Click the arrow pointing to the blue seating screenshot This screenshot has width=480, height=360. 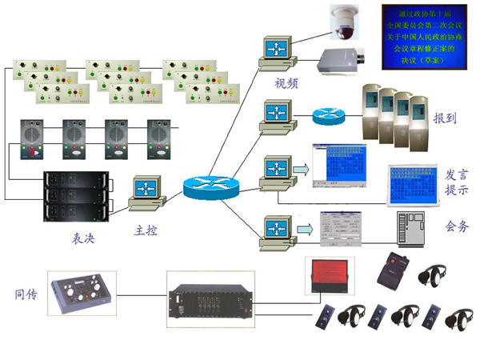pyautogui.click(x=301, y=169)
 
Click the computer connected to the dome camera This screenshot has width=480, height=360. pyautogui.click(x=273, y=52)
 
